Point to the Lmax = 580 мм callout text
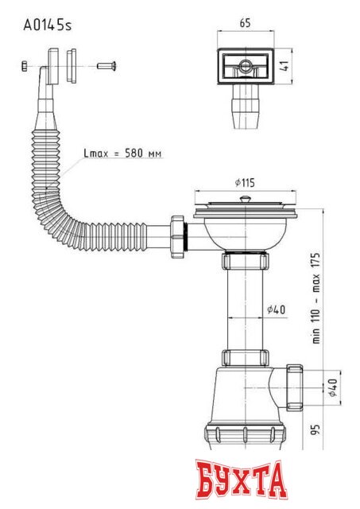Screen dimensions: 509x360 pyautogui.click(x=123, y=153)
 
